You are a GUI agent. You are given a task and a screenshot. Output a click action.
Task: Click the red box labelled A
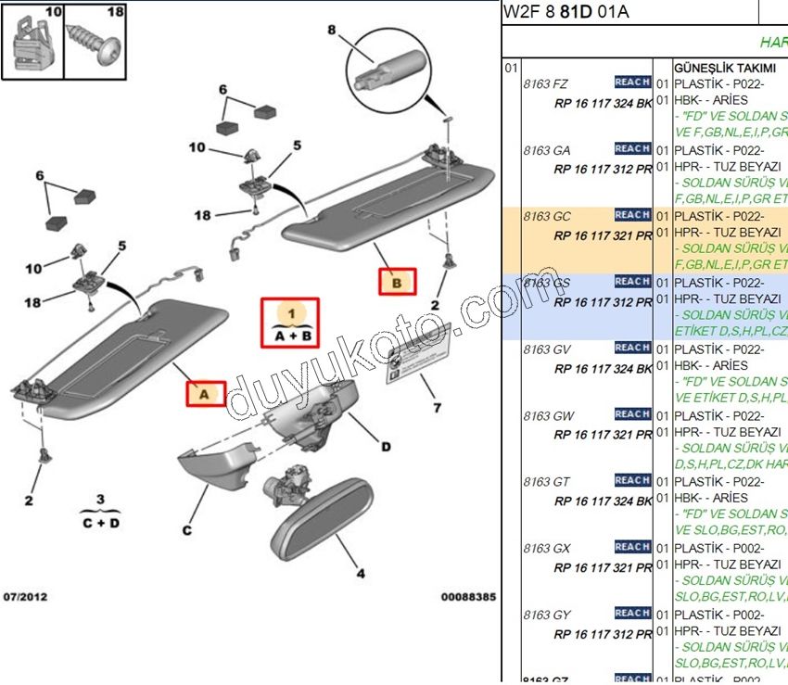pyautogui.click(x=205, y=393)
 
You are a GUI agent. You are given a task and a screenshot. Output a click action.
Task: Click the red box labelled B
pyautogui.click(x=397, y=281)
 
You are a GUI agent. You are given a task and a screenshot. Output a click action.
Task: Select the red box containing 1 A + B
pyautogui.click(x=289, y=323)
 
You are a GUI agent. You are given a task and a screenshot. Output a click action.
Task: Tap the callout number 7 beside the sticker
pyautogui.click(x=437, y=407)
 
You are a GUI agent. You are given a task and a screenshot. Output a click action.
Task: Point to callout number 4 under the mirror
pyautogui.click(x=362, y=572)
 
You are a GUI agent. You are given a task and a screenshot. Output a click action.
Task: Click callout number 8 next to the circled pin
pyautogui.click(x=331, y=31)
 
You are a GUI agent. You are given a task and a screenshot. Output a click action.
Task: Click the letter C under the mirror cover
pyautogui.click(x=186, y=530)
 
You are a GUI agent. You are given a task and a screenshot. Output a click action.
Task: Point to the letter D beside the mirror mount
pyautogui.click(x=386, y=447)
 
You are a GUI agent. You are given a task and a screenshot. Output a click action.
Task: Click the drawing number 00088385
pyautogui.click(x=468, y=597)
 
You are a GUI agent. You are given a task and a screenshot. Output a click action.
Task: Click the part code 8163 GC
pyautogui.click(x=547, y=216)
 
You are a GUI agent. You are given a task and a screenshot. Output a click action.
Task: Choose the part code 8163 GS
pyautogui.click(x=547, y=283)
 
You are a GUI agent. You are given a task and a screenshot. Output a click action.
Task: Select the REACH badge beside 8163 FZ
pyautogui.click(x=632, y=82)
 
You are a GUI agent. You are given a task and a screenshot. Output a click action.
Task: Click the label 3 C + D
pyautogui.click(x=100, y=512)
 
